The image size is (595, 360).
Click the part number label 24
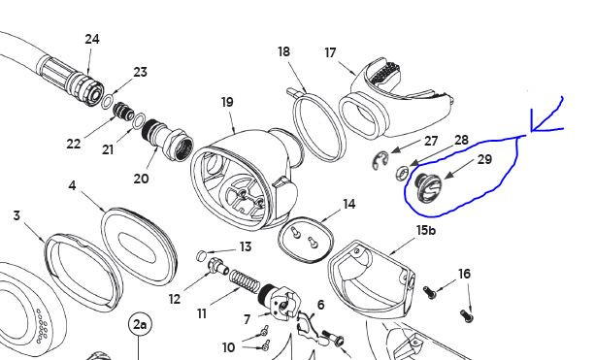(92, 39)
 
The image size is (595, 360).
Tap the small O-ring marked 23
(108, 103)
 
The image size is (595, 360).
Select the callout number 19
(227, 102)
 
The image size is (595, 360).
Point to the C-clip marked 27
(380, 160)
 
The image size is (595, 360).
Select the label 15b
(426, 230)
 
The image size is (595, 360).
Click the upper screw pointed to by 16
(430, 291)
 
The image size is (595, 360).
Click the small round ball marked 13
(202, 255)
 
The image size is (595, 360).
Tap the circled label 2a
(140, 325)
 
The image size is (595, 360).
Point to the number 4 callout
(72, 186)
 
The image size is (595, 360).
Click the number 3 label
(17, 215)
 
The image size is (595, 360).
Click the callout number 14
(348, 204)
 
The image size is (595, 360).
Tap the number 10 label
(228, 347)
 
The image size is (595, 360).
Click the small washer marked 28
(402, 174)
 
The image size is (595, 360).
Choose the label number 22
(74, 144)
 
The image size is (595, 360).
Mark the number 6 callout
(320, 305)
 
